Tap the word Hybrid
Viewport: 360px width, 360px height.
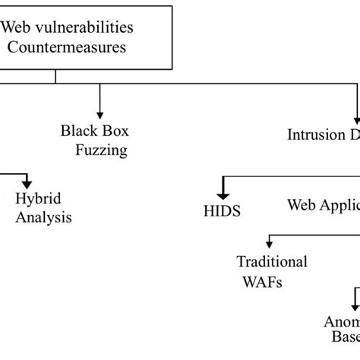click(x=38, y=199)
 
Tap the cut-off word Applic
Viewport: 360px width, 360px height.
click(x=339, y=205)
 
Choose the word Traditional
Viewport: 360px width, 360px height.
click(x=272, y=262)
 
